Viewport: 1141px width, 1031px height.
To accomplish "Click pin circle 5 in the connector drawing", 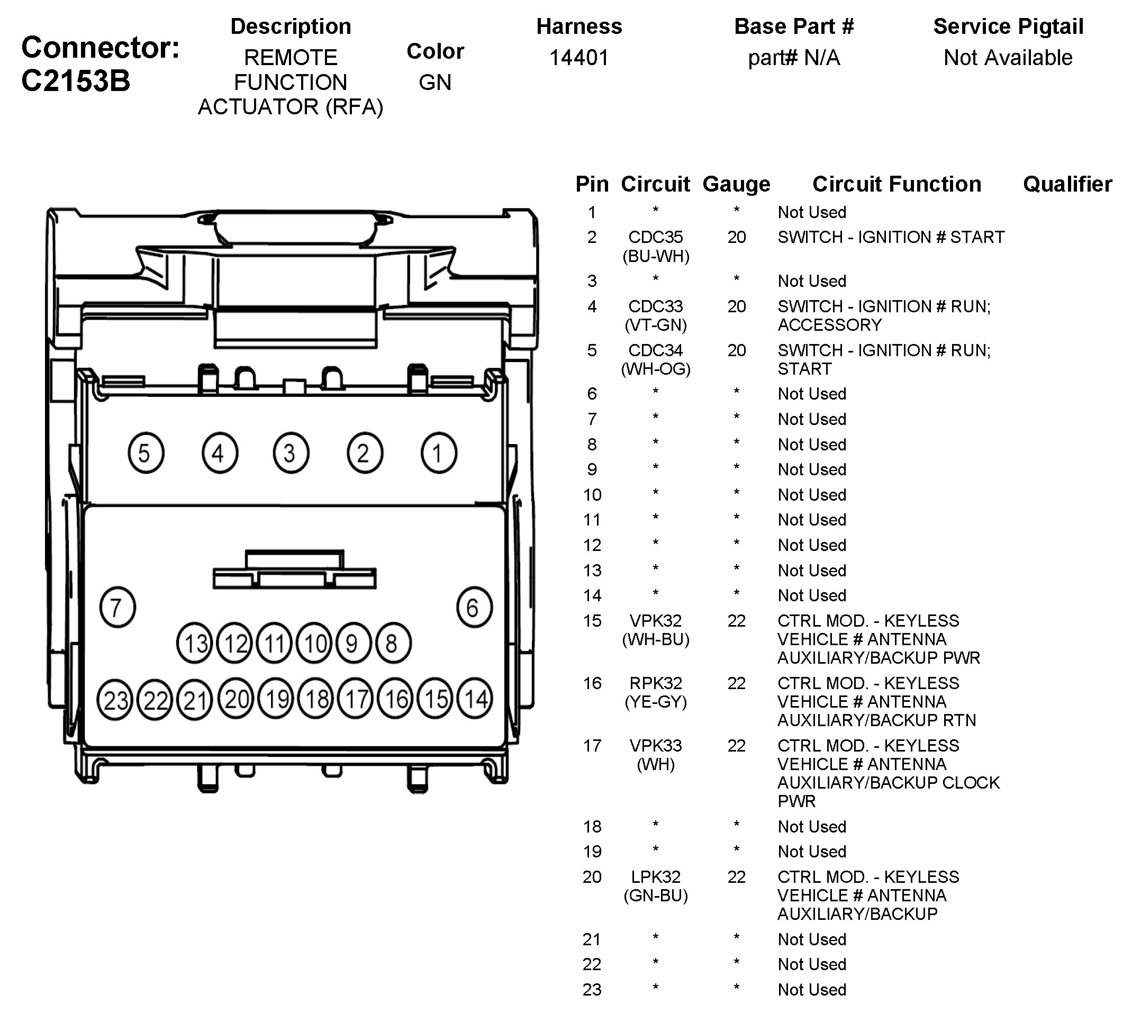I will pos(146,453).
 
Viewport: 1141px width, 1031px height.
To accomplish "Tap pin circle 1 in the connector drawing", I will pos(439,453).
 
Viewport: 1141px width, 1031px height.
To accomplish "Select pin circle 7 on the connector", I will pos(117,608).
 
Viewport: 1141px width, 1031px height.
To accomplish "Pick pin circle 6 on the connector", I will pos(474,608).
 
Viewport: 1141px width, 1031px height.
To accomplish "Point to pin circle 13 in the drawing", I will pos(195,644).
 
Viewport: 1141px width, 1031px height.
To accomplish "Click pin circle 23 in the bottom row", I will pos(115,701).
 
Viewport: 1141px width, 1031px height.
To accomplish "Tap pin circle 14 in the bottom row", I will pos(475,699).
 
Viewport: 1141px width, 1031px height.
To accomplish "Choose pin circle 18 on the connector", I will pos(316,699).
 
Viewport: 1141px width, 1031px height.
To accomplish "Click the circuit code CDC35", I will pos(655,237).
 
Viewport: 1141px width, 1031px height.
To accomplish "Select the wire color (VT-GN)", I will pos(655,325).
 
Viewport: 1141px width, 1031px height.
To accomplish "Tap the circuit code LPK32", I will pos(655,876).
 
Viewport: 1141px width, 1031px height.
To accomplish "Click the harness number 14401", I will pos(579,58).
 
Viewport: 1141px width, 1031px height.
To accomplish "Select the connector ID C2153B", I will pos(76,81).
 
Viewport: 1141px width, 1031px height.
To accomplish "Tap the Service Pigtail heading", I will pos(1008,26).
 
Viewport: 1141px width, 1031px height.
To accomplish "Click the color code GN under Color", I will pos(434,83).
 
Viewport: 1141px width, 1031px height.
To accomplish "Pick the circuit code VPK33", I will pos(655,746).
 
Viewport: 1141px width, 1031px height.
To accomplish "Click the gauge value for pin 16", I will pos(736,683).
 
